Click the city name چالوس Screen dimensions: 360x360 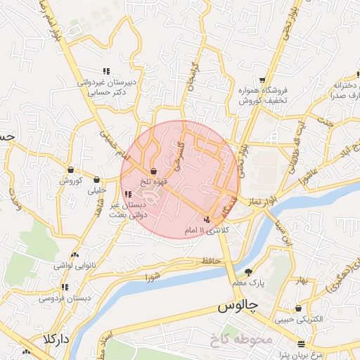click(x=235, y=307)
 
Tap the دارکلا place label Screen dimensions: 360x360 click(x=55, y=340)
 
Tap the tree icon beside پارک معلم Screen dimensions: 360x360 click(x=247, y=272)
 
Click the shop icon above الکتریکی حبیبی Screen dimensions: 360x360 click(x=300, y=308)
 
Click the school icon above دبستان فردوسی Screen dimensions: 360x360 click(x=65, y=287)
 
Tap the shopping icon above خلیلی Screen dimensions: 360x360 click(x=96, y=179)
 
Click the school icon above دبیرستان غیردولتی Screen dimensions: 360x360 click(x=106, y=71)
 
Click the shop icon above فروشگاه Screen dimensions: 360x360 click(x=262, y=81)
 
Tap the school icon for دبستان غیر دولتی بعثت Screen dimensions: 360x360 click(x=127, y=194)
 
